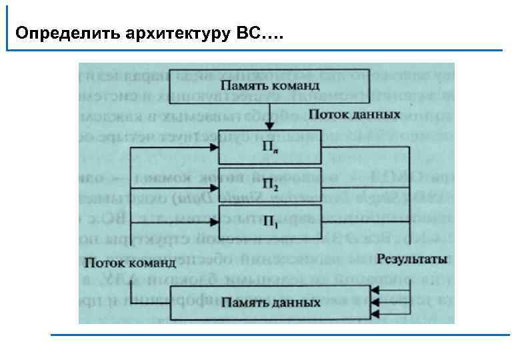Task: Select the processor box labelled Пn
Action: coord(270,149)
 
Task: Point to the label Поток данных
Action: coord(359,115)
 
